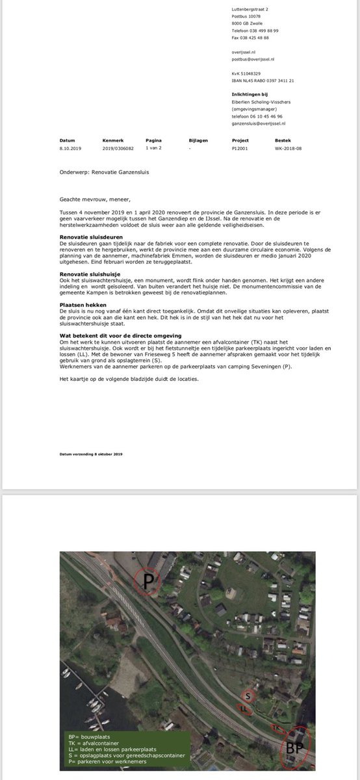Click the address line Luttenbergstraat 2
250,9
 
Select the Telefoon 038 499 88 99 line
255,31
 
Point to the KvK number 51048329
246,73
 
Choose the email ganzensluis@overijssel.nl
259,123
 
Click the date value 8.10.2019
70,148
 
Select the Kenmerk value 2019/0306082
118,148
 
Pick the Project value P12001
240,148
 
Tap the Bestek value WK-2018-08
288,148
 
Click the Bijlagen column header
198,140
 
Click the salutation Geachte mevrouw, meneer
95,200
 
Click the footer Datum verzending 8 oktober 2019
91,454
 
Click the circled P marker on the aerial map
148,582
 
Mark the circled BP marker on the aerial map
294,747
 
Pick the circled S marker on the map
248,697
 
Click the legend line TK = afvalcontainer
94,742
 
